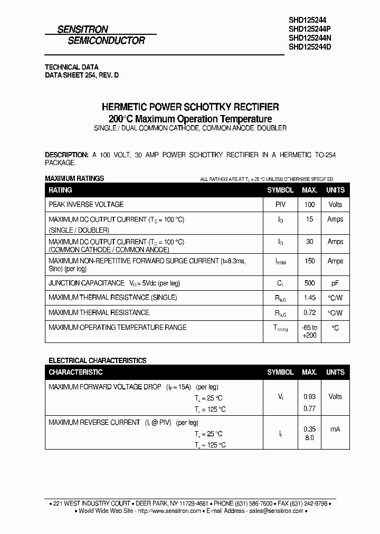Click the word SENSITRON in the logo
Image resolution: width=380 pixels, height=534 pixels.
(x=83, y=30)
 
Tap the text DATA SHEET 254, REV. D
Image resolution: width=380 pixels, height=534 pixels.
(x=82, y=75)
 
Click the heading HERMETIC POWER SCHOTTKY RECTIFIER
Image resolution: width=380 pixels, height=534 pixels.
(x=190, y=107)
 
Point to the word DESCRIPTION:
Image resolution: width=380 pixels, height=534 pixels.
(x=67, y=155)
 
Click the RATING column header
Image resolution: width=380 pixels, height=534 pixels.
(x=60, y=190)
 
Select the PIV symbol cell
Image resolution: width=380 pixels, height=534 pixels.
(x=280, y=204)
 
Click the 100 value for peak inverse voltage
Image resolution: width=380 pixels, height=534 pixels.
(x=309, y=204)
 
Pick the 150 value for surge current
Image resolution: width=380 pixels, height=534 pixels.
(x=309, y=261)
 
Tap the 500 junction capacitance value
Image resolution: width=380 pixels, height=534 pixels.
(x=309, y=283)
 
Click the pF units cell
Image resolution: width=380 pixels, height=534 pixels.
(x=335, y=283)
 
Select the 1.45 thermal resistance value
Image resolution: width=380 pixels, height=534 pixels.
(x=309, y=298)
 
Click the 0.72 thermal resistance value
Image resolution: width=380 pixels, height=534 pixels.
(x=309, y=313)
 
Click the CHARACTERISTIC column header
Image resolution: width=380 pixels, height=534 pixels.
(x=75, y=372)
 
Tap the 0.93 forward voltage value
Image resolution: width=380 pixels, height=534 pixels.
(x=309, y=397)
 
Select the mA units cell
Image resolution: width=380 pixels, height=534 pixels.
(x=335, y=429)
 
